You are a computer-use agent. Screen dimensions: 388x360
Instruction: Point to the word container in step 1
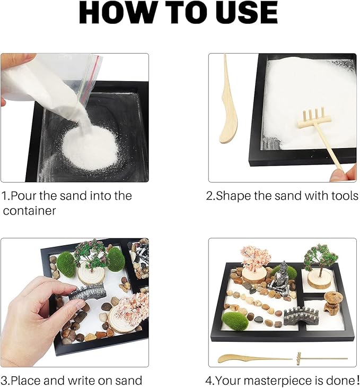(x=29, y=211)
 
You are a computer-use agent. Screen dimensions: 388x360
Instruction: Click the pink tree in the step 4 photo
(x=255, y=258)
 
